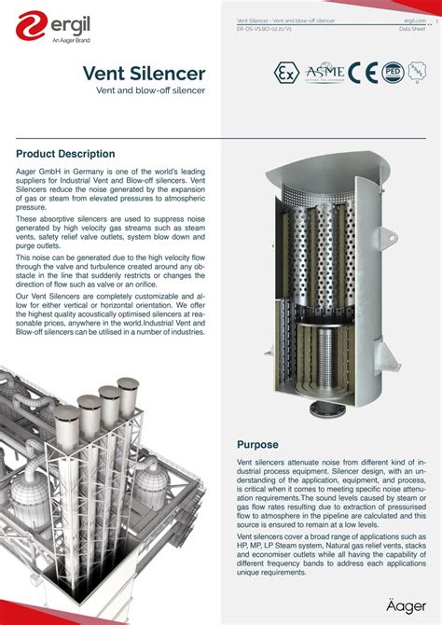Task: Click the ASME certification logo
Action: pos(325,74)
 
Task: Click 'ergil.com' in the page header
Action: pos(414,20)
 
